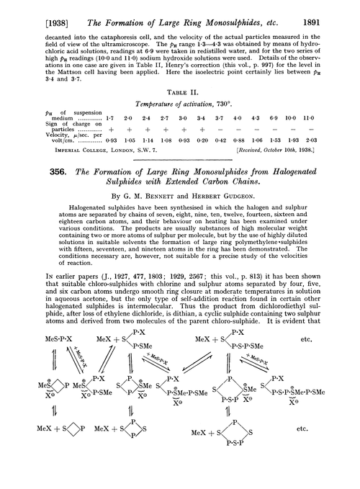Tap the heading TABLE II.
coord(180,91)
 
